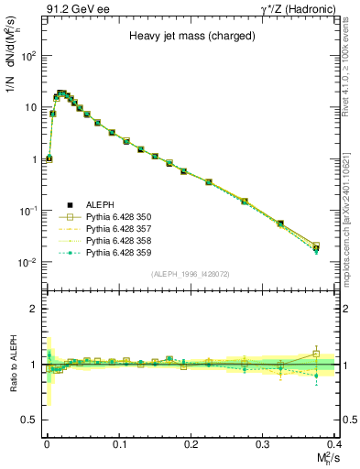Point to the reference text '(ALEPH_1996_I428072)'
(x=190, y=274)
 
